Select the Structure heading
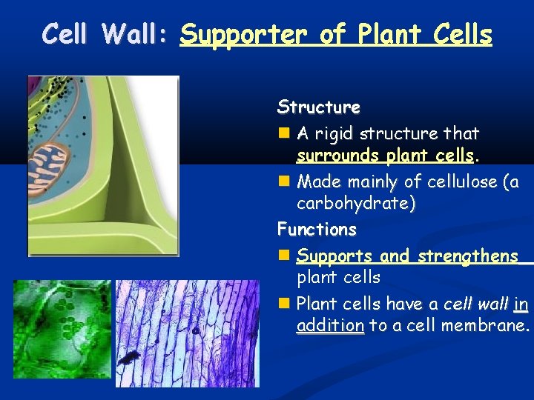318,107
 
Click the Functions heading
317,230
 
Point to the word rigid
334,134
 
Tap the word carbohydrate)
356,204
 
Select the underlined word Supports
334,256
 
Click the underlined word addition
330,326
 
